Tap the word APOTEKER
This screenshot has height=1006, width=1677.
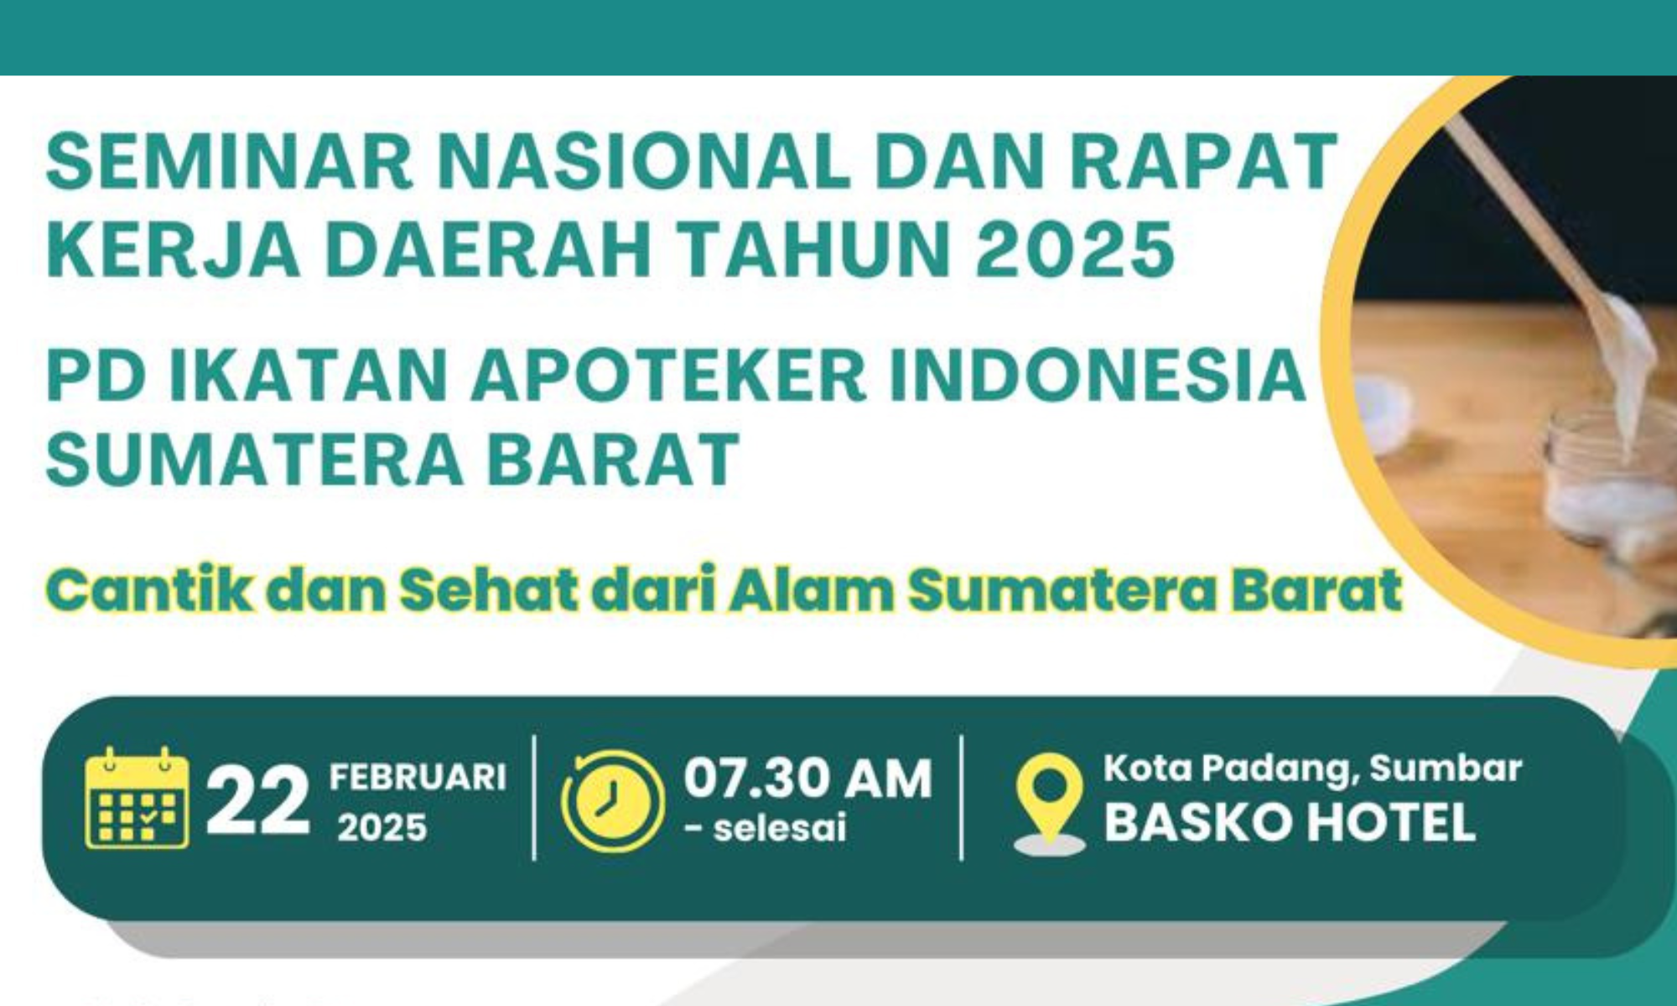click(x=667, y=376)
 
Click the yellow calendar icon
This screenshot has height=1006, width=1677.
click(x=137, y=799)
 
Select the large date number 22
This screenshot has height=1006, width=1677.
click(x=257, y=802)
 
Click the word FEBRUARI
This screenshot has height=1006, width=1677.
click(x=418, y=777)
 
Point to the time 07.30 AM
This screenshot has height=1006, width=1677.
click(x=807, y=779)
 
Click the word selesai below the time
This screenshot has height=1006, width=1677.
click(x=779, y=828)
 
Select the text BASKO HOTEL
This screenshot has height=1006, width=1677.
click(x=1290, y=822)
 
